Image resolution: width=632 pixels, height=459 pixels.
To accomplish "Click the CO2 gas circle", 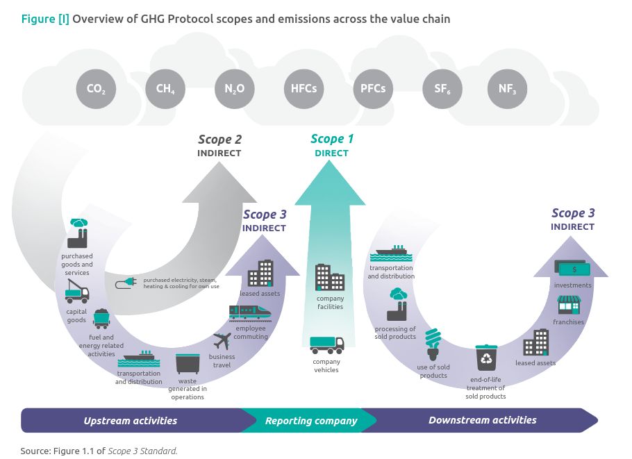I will click(x=96, y=89).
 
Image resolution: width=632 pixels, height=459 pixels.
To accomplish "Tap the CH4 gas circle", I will click(x=165, y=89).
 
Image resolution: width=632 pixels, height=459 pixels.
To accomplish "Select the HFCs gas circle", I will click(x=304, y=89).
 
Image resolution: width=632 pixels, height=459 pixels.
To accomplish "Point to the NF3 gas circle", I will click(x=508, y=89).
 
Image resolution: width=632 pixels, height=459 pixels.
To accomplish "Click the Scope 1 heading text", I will click(x=331, y=140).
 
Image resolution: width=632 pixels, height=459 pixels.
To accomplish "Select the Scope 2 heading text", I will click(x=219, y=140).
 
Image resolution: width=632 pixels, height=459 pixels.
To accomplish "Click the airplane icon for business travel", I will click(x=222, y=341).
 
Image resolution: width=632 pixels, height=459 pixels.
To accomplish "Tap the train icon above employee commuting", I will click(x=248, y=313).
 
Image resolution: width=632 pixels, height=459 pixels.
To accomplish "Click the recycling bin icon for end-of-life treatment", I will click(x=486, y=358).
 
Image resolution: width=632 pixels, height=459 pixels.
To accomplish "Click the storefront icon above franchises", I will click(x=568, y=305).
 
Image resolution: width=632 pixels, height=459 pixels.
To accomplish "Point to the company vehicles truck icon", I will click(x=326, y=344).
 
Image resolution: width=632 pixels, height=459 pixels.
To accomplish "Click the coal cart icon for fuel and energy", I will click(x=102, y=319).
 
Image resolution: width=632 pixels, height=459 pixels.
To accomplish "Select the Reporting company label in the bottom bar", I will click(x=311, y=421).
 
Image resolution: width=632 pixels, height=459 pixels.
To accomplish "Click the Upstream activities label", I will click(x=131, y=421).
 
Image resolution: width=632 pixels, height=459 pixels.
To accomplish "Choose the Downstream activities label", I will click(x=482, y=420).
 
